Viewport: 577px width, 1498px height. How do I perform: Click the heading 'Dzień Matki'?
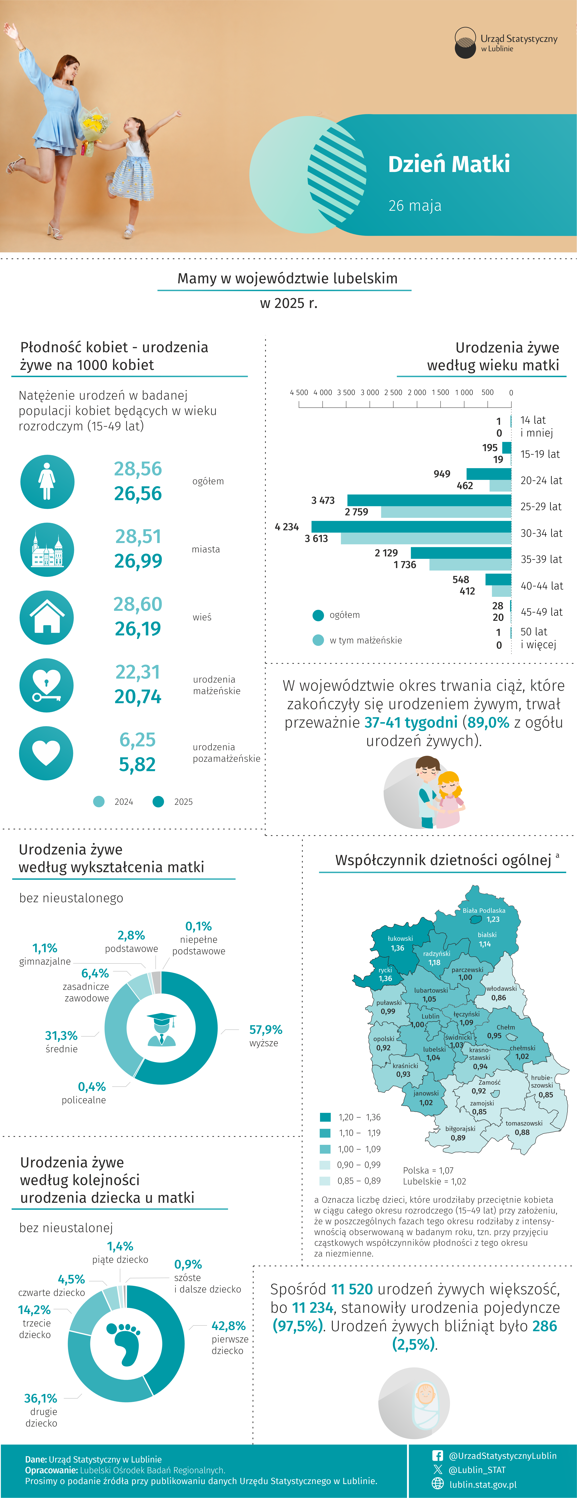449,164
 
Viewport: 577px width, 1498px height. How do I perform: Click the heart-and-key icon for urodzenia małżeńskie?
47,685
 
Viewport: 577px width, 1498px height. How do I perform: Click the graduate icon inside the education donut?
161,1029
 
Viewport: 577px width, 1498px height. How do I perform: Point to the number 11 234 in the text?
313,1307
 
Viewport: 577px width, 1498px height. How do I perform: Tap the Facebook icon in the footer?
438,1456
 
